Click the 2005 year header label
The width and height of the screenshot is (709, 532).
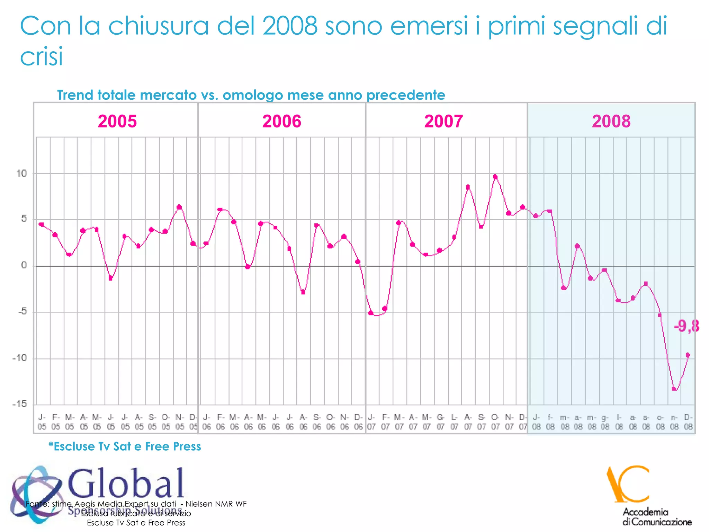point(117,121)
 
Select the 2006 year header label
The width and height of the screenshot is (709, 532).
point(282,121)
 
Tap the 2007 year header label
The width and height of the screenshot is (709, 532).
point(443,121)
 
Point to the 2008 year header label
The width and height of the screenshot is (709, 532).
point(611,121)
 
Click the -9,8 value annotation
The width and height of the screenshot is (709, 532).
point(686,326)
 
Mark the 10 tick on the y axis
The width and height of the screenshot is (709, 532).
point(21,174)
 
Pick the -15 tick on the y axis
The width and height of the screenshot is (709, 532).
point(19,404)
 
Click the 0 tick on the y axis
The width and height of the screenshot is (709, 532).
point(24,266)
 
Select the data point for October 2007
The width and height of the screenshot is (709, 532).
point(495,177)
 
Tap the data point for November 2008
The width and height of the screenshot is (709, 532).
point(674,389)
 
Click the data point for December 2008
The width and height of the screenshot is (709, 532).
point(688,355)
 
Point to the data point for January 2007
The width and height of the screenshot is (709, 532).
point(371,313)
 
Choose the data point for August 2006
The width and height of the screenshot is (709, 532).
point(303,292)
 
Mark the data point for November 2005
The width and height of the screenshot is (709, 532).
point(179,207)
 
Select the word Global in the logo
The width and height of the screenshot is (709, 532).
point(126,483)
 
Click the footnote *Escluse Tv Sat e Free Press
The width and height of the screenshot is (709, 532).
point(125,446)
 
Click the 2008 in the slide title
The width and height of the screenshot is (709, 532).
point(290,26)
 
